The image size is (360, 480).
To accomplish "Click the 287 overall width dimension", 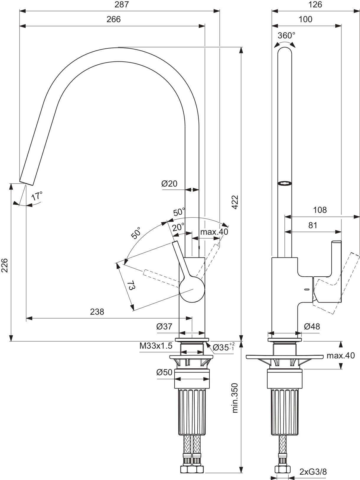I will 122,4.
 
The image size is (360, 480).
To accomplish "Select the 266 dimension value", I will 114,19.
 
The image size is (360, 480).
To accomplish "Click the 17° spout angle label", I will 37,196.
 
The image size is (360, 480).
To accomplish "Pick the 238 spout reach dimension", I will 97,312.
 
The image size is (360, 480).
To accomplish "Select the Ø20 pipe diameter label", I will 169,184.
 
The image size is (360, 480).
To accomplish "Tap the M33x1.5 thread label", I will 156,346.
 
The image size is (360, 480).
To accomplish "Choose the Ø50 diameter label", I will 164,373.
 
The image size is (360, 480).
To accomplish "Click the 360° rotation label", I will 286,36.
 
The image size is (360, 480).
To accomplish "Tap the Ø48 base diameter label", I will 312,326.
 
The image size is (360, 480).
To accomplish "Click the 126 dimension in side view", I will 315,4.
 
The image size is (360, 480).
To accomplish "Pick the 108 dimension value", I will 320,210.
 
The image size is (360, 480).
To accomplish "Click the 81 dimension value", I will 313,225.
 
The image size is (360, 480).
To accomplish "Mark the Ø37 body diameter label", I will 164,326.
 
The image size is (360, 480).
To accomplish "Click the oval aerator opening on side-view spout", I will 285,183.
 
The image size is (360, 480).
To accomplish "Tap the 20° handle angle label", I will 178,227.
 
